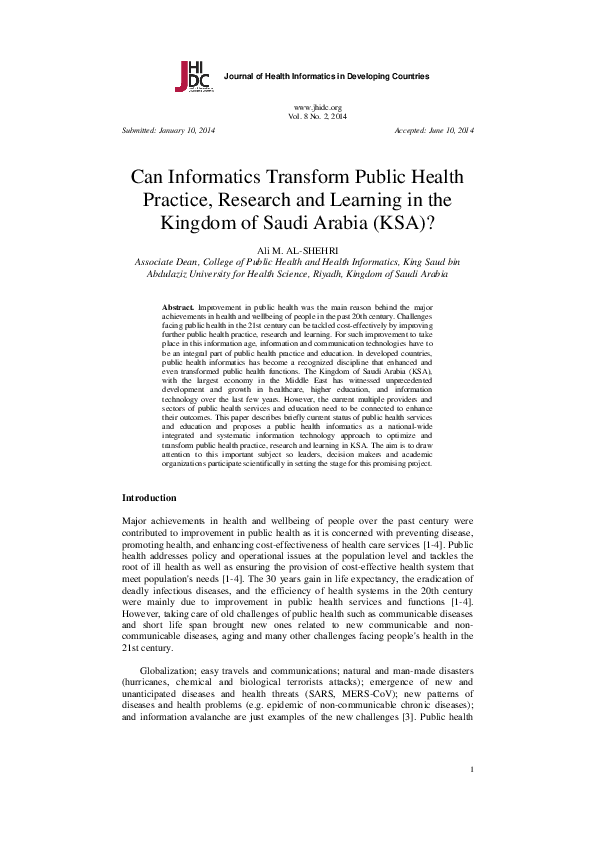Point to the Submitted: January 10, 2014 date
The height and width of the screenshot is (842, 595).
pyautogui.click(x=168, y=131)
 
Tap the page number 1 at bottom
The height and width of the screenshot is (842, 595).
pyautogui.click(x=471, y=797)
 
